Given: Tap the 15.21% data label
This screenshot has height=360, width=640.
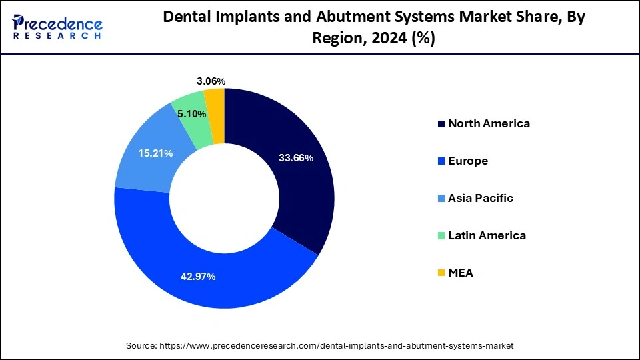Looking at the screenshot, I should pyautogui.click(x=155, y=153).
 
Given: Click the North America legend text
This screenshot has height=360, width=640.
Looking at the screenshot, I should pyautogui.click(x=489, y=123).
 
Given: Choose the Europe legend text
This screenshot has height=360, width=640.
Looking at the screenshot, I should pyautogui.click(x=468, y=161).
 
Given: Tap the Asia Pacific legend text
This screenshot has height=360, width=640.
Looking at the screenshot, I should pyautogui.click(x=481, y=198).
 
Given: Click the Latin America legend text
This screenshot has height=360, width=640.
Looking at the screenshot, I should pyautogui.click(x=487, y=235).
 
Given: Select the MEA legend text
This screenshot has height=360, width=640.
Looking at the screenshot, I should pyautogui.click(x=461, y=273).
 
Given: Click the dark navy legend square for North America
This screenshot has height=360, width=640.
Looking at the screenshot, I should pyautogui.click(x=441, y=124).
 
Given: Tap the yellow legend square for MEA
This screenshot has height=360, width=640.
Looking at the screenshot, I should pyautogui.click(x=441, y=273).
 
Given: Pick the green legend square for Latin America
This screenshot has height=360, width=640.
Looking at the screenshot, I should pyautogui.click(x=441, y=236).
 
